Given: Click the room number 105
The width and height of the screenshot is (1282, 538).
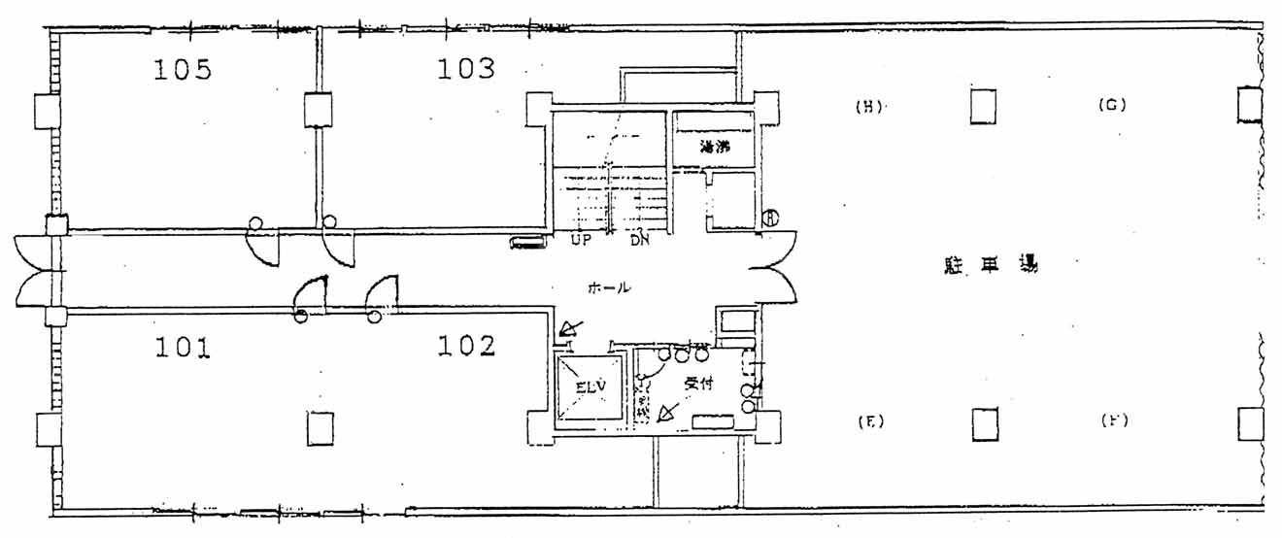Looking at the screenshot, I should (183, 69).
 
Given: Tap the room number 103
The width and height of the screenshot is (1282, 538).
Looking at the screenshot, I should (465, 68).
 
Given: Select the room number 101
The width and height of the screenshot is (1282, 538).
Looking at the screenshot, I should (183, 347).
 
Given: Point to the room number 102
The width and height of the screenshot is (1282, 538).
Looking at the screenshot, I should (466, 346).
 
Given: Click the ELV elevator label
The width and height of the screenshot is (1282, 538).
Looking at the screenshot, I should (590, 387).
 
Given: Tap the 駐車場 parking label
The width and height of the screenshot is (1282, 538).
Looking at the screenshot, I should (991, 263).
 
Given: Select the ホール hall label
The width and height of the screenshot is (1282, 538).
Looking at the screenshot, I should (609, 287).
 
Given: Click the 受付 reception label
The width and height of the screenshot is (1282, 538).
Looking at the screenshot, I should (698, 384).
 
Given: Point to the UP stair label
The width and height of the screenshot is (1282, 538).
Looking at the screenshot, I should (581, 240).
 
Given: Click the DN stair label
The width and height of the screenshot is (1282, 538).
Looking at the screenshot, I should (639, 240).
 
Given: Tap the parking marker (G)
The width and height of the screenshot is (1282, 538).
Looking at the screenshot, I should (1111, 106).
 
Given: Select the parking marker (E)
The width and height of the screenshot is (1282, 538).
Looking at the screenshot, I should (869, 421).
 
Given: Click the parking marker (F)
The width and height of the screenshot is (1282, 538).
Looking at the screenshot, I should (1113, 421).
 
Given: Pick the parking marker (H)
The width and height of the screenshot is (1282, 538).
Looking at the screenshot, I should (867, 107).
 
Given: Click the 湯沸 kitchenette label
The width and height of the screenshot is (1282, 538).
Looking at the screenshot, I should (714, 149).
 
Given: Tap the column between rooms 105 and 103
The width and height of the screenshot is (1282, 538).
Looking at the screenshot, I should (318, 110).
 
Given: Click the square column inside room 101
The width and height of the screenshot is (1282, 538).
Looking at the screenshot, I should (320, 427).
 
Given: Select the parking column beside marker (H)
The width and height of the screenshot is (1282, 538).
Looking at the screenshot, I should (983, 106).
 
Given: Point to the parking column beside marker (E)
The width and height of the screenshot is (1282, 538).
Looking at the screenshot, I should (985, 423).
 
